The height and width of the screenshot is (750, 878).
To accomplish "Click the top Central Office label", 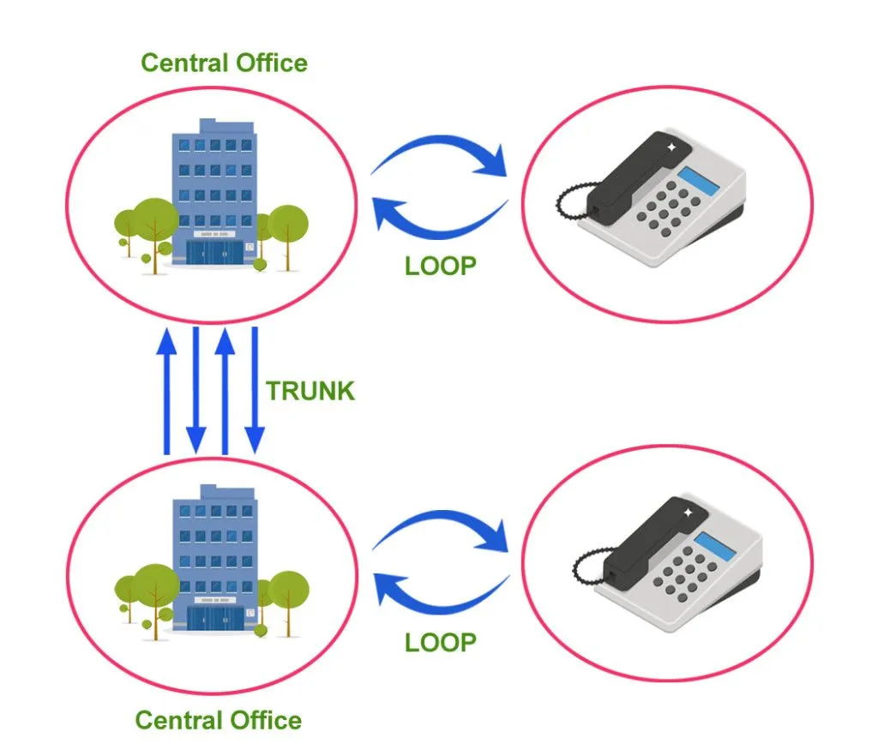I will [x=224, y=63].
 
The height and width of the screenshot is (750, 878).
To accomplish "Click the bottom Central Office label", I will [x=219, y=720].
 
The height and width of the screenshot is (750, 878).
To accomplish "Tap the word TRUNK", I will [x=310, y=391].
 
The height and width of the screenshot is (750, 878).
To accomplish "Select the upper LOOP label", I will [x=440, y=266].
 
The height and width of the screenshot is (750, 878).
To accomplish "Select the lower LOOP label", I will [x=440, y=642].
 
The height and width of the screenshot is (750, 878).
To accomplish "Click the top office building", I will [x=214, y=189].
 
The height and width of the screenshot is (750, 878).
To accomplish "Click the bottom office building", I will [x=214, y=557].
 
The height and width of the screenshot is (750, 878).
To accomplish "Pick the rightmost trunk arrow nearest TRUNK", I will [x=254, y=390].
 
